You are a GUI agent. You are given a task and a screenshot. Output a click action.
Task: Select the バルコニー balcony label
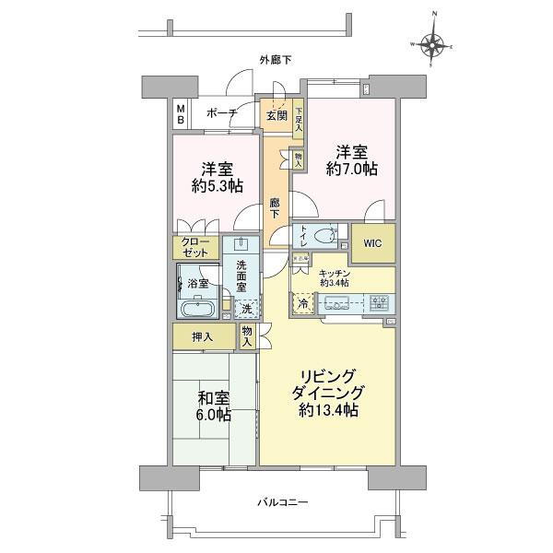[276, 502]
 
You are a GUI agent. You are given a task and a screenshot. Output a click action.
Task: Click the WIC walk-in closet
[373, 243]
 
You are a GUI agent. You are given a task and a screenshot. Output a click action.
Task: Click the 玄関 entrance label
[276, 115]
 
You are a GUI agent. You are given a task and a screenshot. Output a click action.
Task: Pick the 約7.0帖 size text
[356, 169]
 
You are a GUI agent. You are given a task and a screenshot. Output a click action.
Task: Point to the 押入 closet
[203, 337]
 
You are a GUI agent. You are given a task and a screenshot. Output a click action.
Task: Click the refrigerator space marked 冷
[302, 303]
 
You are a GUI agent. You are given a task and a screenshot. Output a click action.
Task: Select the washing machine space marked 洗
[246, 310]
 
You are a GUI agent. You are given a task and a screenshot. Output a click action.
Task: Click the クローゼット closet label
[195, 247]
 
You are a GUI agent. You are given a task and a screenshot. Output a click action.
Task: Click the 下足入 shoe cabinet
[299, 122]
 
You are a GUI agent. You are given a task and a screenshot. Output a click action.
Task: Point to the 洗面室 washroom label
[241, 276]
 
